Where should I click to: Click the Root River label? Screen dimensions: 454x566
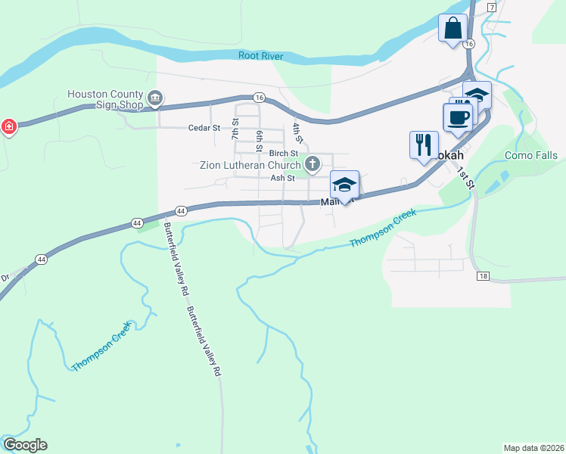pos(260,55)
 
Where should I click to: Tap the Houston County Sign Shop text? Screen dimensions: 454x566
pos(105,99)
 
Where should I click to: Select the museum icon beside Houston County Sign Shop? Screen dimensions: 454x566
pos(156,98)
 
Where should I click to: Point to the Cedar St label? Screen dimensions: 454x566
pos(204,128)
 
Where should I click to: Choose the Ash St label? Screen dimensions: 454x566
pos(282,179)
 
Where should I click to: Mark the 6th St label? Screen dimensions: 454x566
pos(259,139)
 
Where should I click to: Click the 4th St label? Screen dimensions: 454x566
pos(299,134)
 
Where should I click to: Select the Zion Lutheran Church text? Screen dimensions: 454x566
pos(250,165)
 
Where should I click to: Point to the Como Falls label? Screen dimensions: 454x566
pos(531,156)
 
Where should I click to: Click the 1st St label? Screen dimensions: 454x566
pos(465,179)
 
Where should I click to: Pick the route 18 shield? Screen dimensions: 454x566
pos(483,277)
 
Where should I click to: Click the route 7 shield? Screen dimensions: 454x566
pos(492,7)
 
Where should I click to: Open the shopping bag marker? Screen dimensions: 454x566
pos(452,30)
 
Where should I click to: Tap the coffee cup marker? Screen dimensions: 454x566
pos(458,117)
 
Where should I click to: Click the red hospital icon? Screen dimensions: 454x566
pos(8,126)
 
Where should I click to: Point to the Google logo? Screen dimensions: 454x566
pos(25,445)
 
